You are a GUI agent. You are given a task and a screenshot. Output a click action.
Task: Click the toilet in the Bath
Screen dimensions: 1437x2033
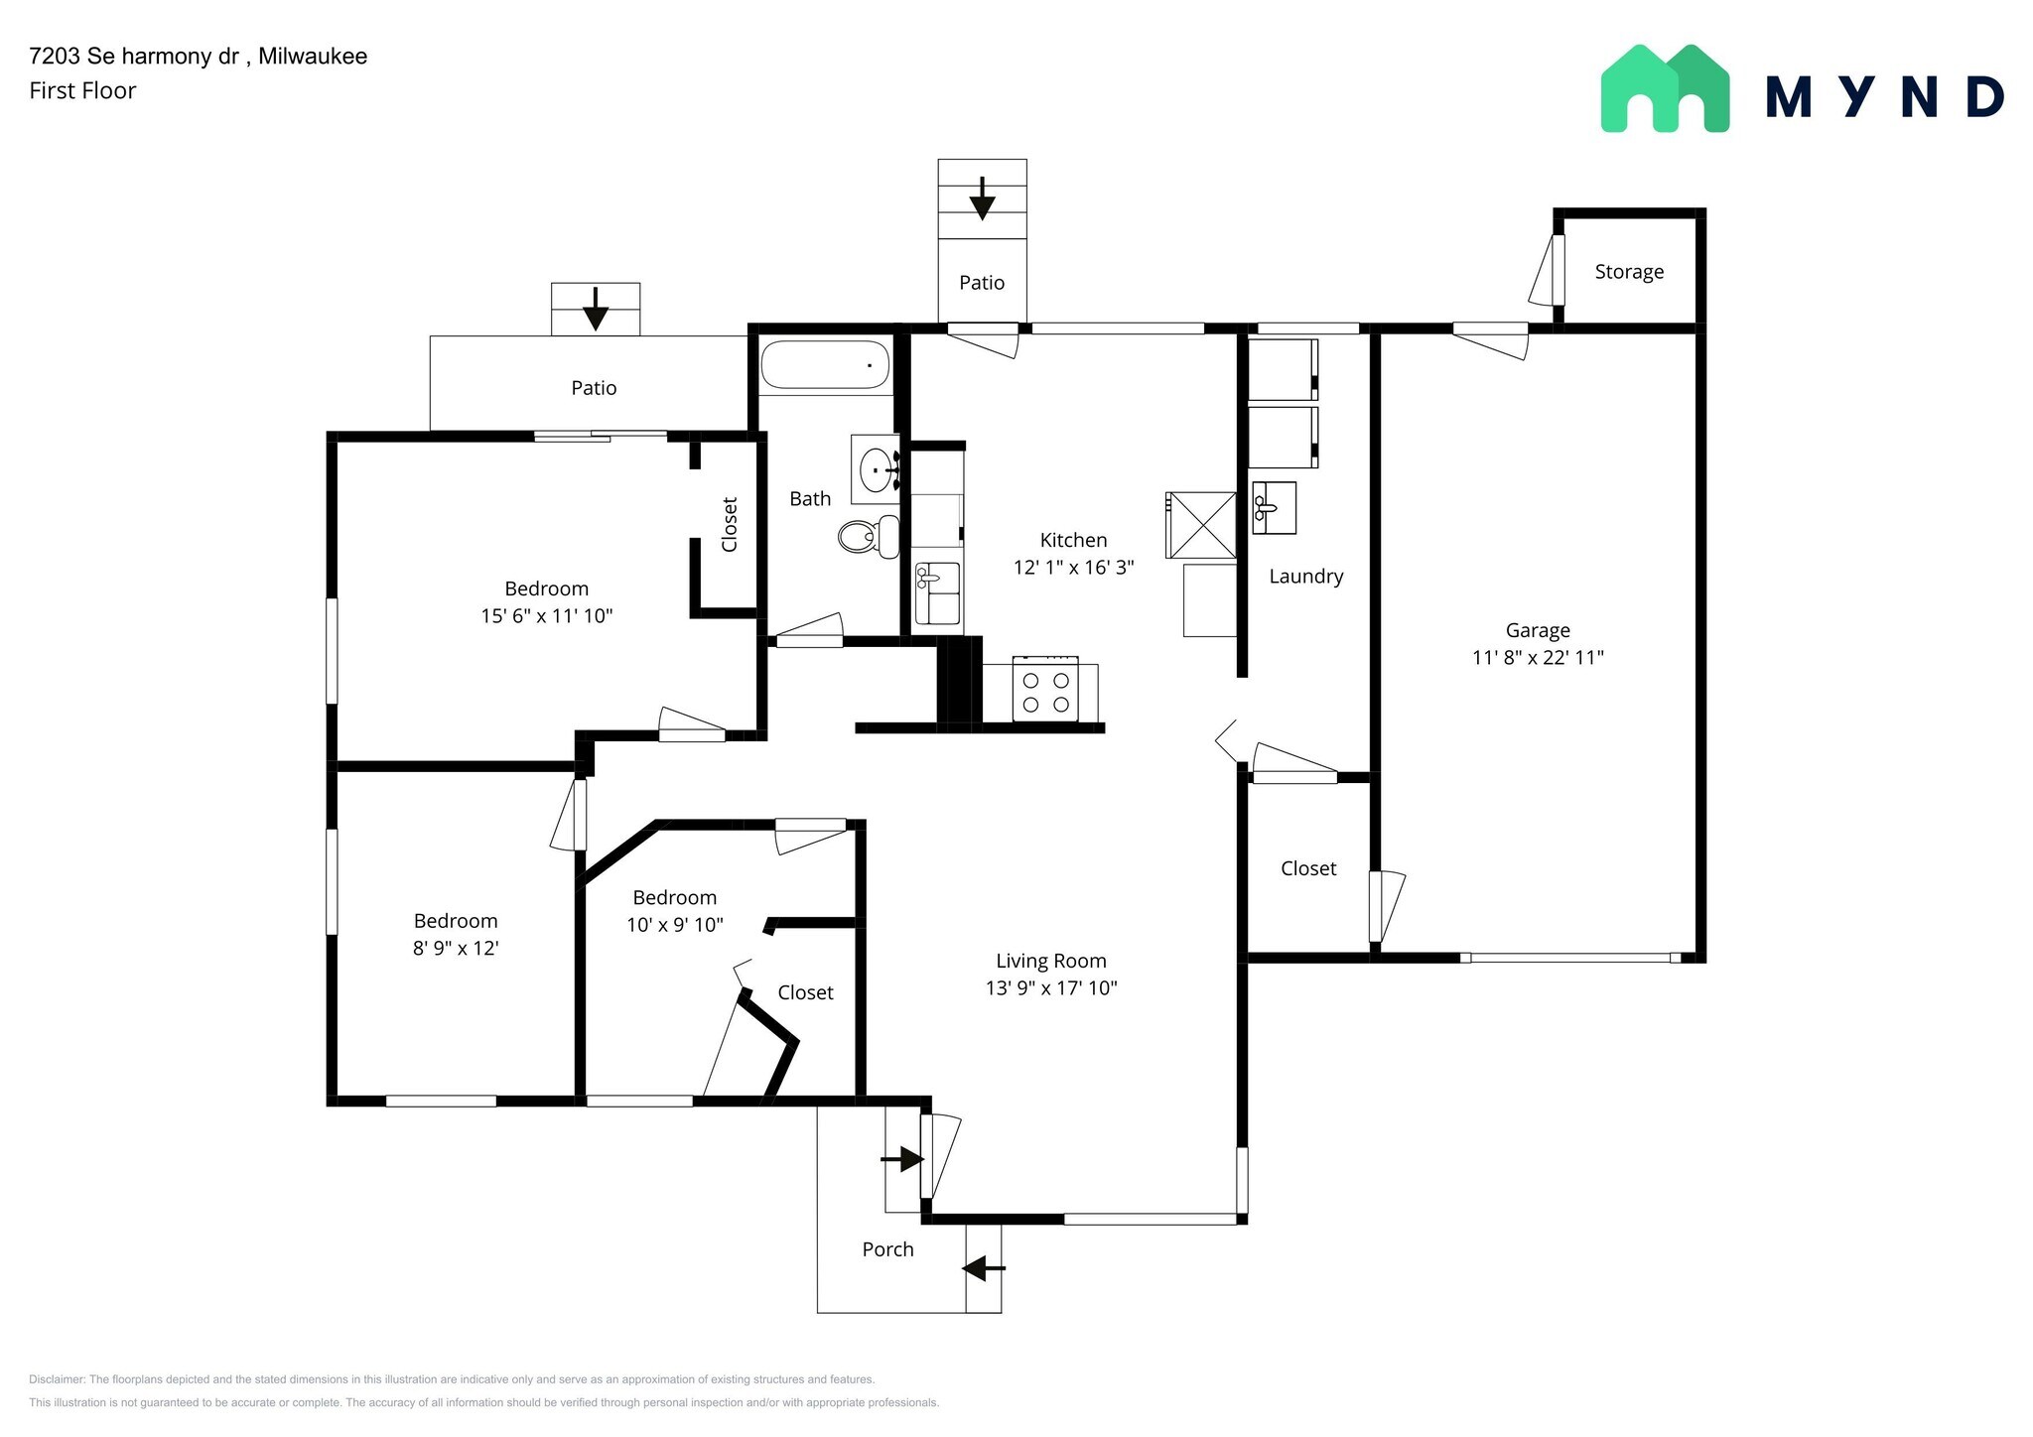coord(867,537)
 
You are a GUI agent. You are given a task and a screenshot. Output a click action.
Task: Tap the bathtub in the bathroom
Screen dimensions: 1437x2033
coord(825,364)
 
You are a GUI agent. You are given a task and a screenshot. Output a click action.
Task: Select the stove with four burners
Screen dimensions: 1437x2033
coord(1045,692)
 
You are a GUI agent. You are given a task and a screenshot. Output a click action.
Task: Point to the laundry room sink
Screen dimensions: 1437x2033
coord(1273,508)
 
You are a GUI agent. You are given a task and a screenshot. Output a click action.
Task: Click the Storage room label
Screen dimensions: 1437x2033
coord(1628,272)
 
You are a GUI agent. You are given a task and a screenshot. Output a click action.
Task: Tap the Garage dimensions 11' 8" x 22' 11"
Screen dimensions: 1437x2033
coord(1538,657)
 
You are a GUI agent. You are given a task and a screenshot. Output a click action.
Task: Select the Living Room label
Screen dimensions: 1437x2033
coord(1050,961)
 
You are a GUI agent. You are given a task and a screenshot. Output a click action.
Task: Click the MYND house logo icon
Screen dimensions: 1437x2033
coord(1665,89)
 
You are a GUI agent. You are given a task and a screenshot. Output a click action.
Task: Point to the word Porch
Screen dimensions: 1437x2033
coord(887,1249)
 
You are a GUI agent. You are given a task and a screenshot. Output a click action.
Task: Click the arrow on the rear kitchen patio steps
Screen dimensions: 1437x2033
coord(982,199)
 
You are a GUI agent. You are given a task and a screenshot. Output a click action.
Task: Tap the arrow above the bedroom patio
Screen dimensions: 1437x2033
coord(595,309)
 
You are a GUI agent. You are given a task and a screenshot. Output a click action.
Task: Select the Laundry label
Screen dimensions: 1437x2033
coord(1305,577)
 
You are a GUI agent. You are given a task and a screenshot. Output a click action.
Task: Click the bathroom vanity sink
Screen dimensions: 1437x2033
coord(876,468)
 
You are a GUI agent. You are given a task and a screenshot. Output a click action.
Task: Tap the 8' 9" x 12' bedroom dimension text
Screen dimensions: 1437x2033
coord(455,948)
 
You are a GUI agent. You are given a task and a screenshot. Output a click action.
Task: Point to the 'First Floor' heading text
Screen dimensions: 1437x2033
coord(82,91)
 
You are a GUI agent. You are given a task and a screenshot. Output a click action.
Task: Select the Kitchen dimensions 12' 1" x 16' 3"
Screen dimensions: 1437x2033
coord(1072,568)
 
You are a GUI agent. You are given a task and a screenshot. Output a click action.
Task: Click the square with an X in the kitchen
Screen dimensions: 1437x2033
coord(1201,525)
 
